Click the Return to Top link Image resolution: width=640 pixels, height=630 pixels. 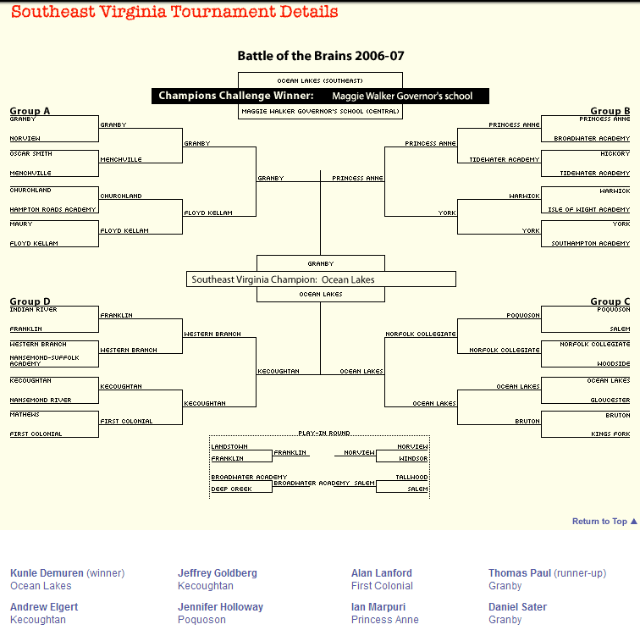point(604,522)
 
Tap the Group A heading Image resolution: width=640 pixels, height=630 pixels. point(30,111)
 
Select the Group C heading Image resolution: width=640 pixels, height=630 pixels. point(610,301)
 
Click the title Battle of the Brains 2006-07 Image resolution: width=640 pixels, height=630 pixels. point(320,56)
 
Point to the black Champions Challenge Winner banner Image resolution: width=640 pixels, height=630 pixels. point(320,96)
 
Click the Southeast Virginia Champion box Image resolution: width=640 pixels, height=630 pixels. point(320,279)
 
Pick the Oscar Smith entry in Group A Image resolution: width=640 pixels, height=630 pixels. point(31,154)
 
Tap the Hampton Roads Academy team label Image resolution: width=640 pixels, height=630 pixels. point(41,209)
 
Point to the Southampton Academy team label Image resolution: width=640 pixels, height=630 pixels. point(591,244)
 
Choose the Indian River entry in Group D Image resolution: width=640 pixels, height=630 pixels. point(34,310)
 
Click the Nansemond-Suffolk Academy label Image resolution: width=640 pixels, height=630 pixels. point(44,361)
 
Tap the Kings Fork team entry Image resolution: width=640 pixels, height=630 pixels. point(610,434)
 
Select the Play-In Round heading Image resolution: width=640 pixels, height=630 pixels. point(318,434)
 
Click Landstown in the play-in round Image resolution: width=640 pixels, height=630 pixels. point(229,446)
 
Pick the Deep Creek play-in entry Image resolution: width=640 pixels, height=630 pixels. point(232,489)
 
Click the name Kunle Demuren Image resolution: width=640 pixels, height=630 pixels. point(47,573)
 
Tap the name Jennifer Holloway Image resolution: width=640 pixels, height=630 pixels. point(220,607)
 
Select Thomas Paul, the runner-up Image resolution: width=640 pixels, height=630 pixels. point(519,573)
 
